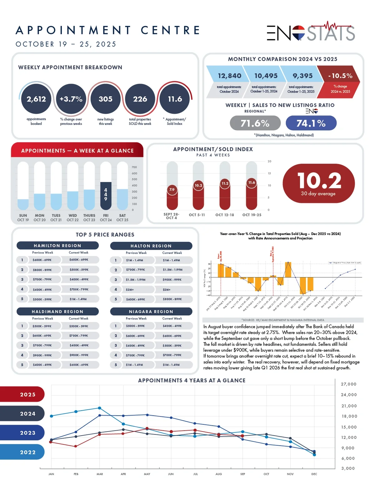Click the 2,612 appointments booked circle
36,99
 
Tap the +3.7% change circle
71,99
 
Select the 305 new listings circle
106,99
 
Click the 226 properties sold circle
140,99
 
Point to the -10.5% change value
340,76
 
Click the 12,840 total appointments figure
229,76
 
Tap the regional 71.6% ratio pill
255,123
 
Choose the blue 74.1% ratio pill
311,123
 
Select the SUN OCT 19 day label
23,217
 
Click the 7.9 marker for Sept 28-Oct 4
172,190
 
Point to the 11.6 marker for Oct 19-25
252,182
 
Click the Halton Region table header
151,246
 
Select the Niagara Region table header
151,312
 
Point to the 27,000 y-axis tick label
348,384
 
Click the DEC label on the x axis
314,474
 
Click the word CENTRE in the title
170,30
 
